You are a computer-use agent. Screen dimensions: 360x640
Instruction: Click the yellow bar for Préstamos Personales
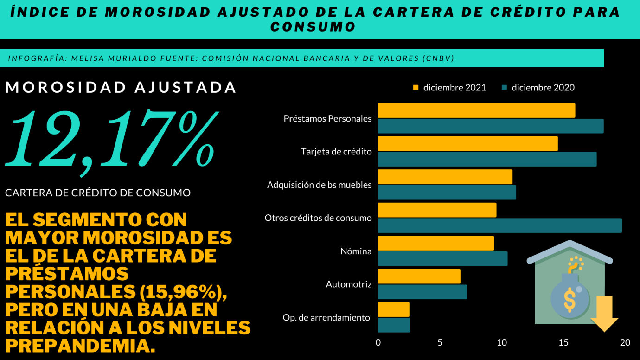click(x=476, y=110)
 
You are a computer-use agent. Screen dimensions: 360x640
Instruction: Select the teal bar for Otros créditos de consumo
click(x=499, y=225)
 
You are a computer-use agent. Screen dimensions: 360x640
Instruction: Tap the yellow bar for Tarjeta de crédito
click(x=467, y=144)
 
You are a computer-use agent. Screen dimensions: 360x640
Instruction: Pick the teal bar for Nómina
click(x=442, y=259)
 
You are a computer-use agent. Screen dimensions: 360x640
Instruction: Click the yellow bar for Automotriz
click(x=419, y=276)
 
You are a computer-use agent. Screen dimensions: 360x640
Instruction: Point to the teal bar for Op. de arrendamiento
click(x=394, y=325)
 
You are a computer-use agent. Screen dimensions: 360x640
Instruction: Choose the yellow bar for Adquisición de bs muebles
click(x=445, y=177)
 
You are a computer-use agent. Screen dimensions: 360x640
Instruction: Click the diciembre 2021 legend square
click(x=416, y=88)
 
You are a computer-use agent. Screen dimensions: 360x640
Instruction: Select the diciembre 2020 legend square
click(x=504, y=88)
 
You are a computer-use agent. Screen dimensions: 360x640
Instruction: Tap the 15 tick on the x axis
click(x=563, y=343)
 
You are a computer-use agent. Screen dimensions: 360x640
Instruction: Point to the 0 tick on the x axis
click(x=378, y=343)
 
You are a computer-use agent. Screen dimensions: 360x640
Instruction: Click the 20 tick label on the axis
click(x=625, y=343)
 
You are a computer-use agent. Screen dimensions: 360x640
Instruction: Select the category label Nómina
click(x=356, y=251)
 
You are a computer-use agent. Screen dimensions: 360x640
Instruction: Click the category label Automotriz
click(x=349, y=284)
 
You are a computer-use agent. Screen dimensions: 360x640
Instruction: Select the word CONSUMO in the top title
click(x=313, y=27)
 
